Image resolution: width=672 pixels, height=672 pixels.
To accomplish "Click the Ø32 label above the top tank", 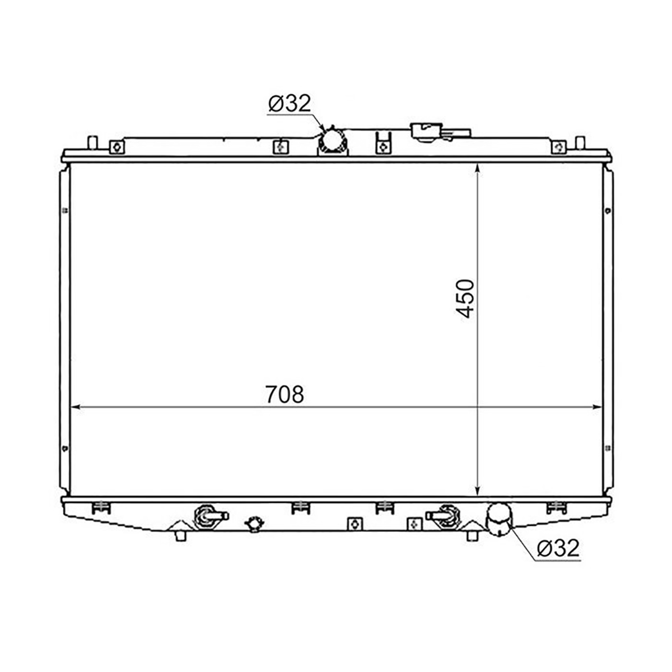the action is click(289, 104).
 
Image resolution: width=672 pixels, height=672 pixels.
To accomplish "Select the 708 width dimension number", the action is click(284, 394).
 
